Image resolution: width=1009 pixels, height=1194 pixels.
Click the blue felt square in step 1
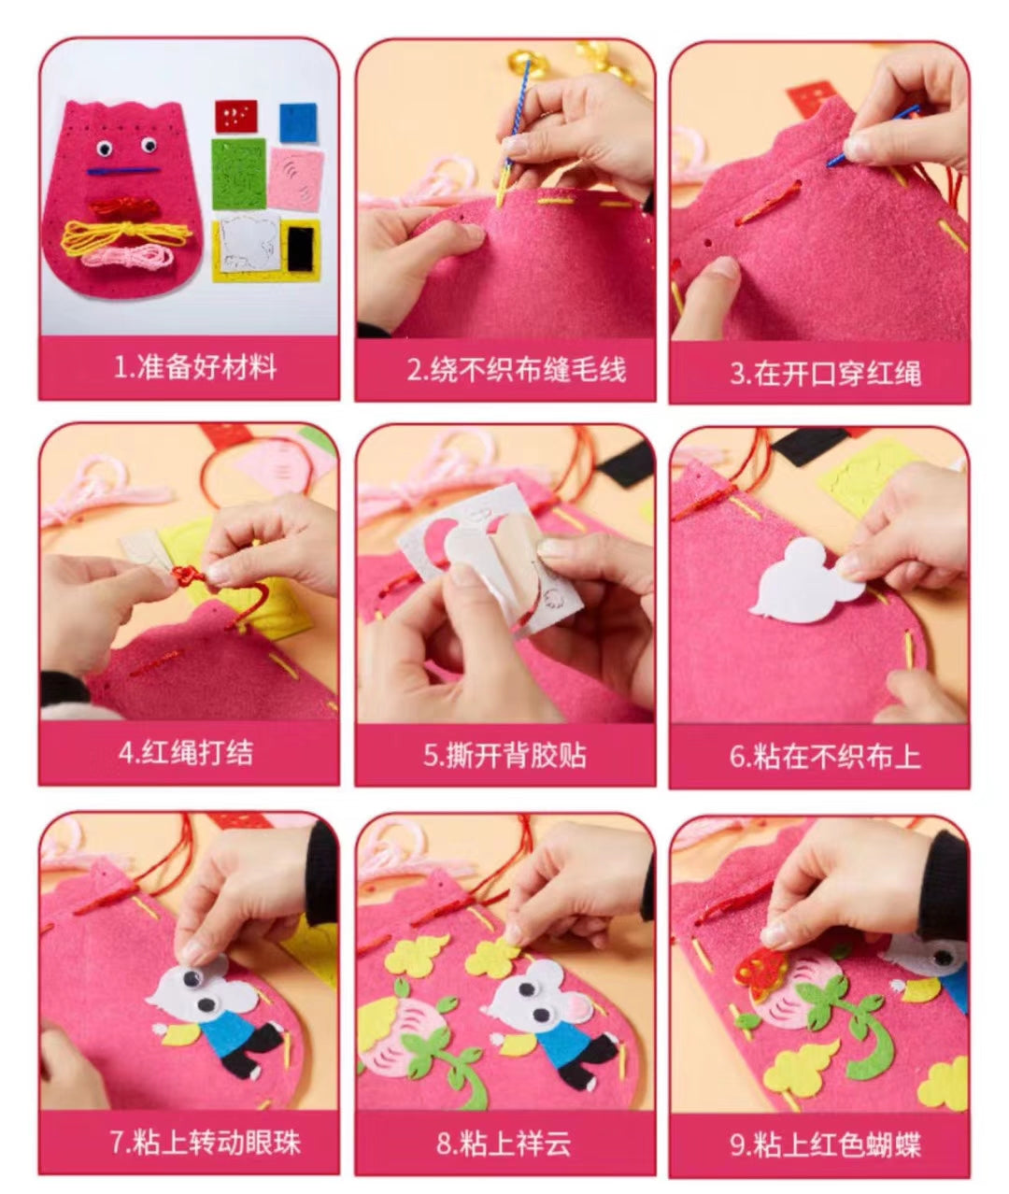[299, 123]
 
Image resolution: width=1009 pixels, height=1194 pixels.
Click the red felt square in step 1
[235, 117]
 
